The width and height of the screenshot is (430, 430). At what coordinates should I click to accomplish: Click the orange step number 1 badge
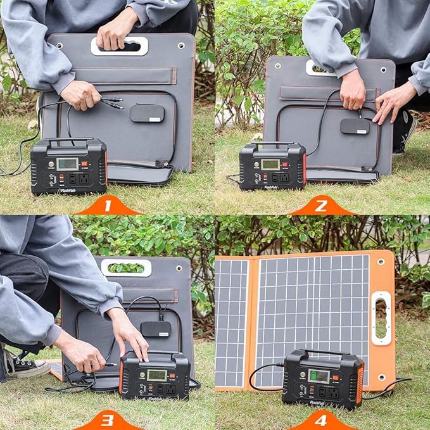click(x=107, y=205)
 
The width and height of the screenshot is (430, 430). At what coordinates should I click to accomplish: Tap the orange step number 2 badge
click(x=322, y=205)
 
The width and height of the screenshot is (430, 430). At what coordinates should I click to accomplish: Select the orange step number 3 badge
click(x=107, y=420)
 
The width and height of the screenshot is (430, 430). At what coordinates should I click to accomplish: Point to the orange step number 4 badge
click(x=322, y=420)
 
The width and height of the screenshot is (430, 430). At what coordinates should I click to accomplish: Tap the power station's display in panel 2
click(x=270, y=164)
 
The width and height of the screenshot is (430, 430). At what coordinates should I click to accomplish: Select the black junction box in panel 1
click(x=147, y=113)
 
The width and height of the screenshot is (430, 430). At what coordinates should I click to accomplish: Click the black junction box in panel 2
click(x=355, y=126)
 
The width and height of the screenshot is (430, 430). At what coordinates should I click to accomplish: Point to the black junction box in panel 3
click(x=156, y=329)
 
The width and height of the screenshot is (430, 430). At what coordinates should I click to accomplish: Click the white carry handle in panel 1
click(x=120, y=46)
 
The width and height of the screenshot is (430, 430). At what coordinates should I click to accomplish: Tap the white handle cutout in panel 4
click(x=381, y=317)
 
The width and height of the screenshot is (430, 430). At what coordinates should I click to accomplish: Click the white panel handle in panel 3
click(x=127, y=267)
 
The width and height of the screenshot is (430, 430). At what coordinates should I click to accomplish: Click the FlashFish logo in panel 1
click(x=51, y=187)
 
